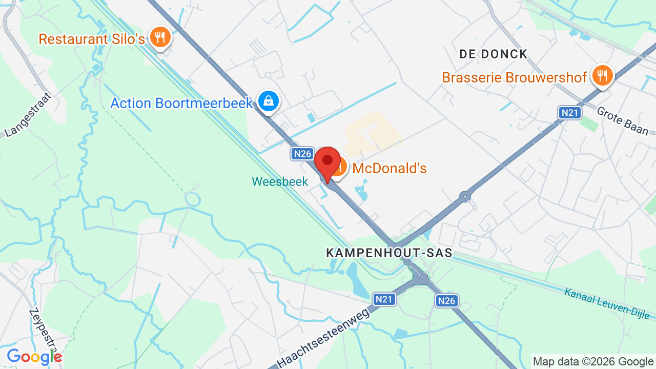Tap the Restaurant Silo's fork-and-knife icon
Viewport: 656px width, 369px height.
pos(160,37)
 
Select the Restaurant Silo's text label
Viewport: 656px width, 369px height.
pos(92,39)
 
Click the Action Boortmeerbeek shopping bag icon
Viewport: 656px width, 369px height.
pos(268,101)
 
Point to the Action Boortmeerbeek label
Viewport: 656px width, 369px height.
pos(182,103)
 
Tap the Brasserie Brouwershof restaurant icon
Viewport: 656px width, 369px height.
pos(603,75)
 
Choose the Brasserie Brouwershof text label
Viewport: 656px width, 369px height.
pos(514,77)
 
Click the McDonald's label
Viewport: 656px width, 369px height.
pos(390,168)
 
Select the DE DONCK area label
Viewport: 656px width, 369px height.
pos(493,54)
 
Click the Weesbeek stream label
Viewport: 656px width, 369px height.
pos(280,181)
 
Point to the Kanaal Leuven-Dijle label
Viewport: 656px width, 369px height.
pos(609,303)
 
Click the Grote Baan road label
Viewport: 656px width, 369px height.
pos(622,121)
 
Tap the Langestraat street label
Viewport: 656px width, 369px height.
pos(29,115)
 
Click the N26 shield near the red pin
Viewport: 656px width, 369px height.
pos(302,153)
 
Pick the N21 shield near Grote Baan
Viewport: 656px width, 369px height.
pos(570,113)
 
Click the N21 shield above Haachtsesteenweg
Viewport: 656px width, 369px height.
pos(384,299)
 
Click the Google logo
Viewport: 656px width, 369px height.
pos(34,357)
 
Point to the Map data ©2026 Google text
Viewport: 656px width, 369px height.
pos(593,362)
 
